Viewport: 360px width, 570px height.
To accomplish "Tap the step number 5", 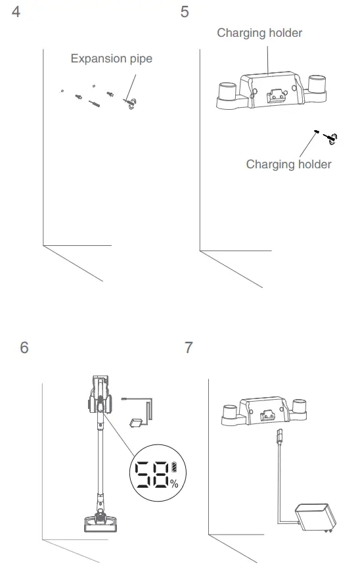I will point(185,12).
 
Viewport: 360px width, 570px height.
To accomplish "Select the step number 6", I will point(24,348).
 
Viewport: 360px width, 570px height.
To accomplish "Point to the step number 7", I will point(189,348).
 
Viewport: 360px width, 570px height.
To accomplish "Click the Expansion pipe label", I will point(111,59).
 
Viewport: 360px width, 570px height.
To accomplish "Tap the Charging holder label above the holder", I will point(259,33).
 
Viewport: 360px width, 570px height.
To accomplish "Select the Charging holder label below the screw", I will point(288,164).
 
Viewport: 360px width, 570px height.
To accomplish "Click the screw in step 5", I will point(328,137).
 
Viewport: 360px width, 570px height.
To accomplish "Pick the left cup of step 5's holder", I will point(227,91).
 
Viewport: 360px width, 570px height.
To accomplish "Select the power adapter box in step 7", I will point(315,519).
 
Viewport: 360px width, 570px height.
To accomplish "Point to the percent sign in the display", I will point(174,484).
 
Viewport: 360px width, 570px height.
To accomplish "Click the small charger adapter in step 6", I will point(137,423).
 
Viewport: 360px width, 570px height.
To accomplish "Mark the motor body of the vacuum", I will point(99,401).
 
